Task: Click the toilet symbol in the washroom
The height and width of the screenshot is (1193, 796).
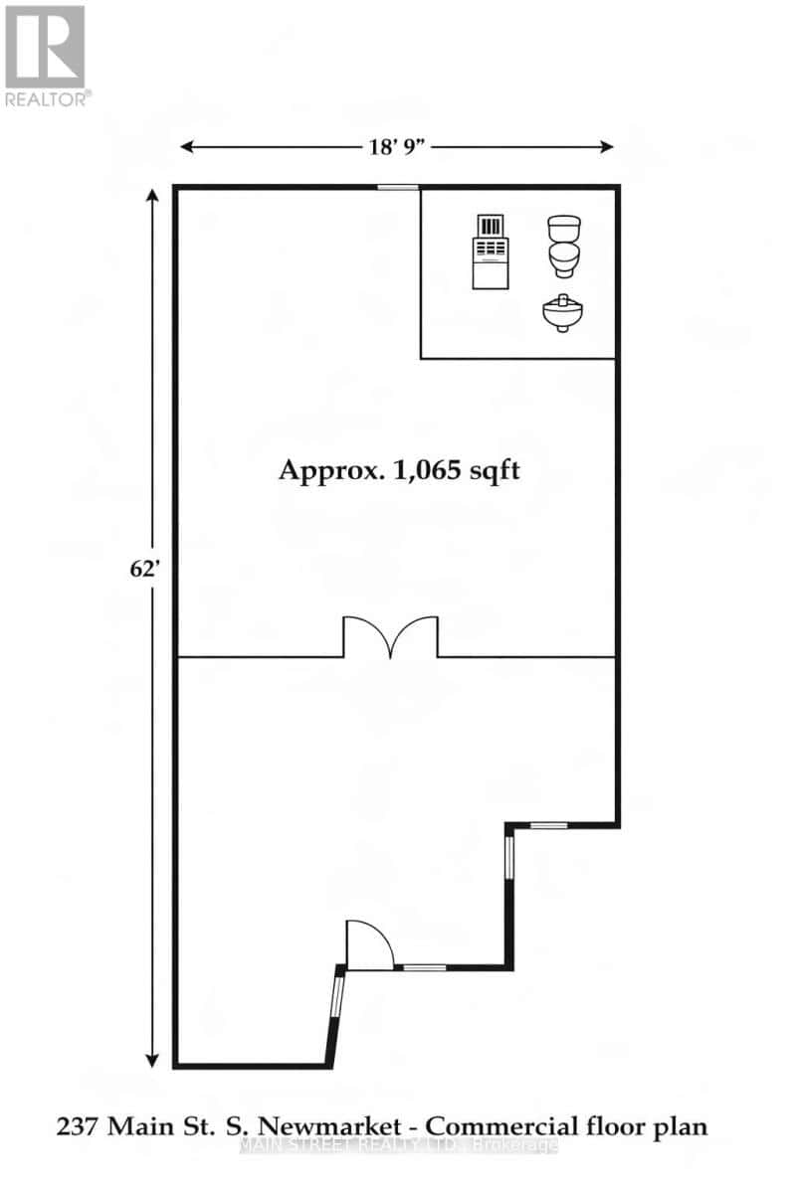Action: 563,247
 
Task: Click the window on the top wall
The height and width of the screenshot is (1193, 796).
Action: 397,187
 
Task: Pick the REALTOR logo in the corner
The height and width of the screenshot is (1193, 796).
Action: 46,55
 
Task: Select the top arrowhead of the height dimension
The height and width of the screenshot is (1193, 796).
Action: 153,196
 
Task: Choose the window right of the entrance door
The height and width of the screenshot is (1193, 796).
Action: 424,967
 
